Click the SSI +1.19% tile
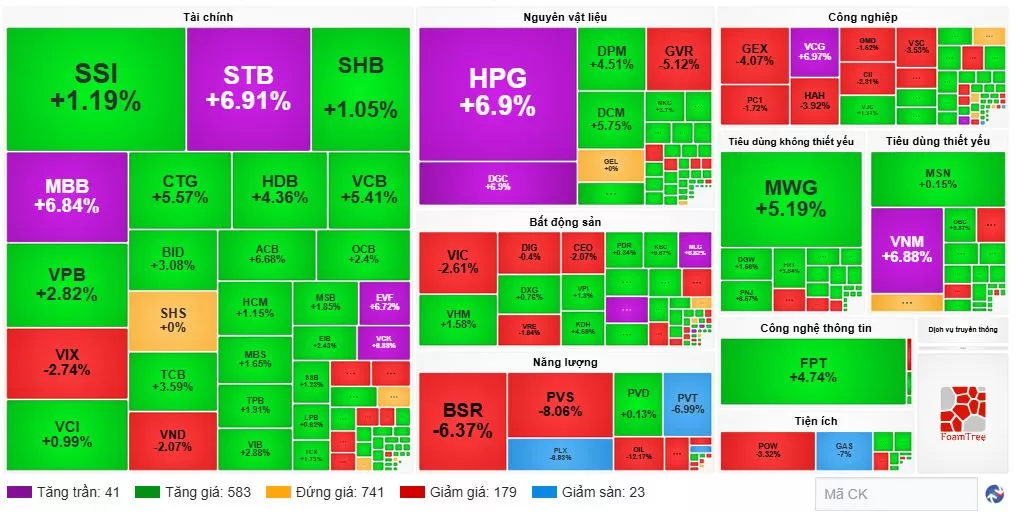tap(95, 88)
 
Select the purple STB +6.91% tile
tap(248, 88)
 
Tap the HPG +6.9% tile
tap(497, 92)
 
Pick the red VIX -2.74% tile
tap(66, 363)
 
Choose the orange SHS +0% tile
tap(173, 320)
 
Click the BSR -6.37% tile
tap(462, 421)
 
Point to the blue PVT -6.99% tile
tap(687, 402)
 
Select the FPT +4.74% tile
tap(812, 370)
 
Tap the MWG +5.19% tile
tap(790, 198)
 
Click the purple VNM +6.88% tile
tap(906, 249)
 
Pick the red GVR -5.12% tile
tap(678, 58)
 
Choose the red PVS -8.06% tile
tap(559, 404)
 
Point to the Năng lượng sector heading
tap(565, 361)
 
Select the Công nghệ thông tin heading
tap(815, 328)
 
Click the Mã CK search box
tap(895, 494)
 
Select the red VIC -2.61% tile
tap(457, 263)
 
